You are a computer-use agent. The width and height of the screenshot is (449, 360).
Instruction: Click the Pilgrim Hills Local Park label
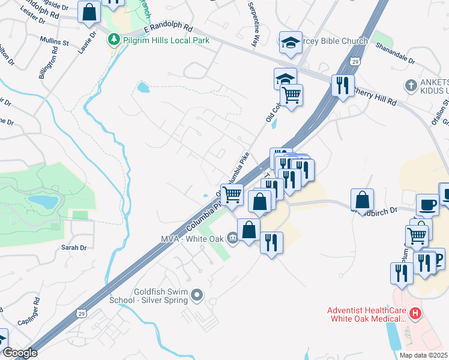[x=166, y=40]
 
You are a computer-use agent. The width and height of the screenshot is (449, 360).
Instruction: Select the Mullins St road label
[x=55, y=42]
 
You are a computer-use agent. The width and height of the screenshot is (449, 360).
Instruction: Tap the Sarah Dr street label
[x=74, y=247]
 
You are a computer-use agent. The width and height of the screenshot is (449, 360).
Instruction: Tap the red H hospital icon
[x=414, y=314]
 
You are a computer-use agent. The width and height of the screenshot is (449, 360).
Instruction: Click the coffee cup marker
[x=427, y=204]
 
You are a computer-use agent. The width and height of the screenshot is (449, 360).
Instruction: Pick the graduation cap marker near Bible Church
[x=291, y=43]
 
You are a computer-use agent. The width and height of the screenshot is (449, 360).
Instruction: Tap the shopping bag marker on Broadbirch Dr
[x=363, y=199]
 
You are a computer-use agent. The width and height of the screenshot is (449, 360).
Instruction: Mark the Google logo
[x=19, y=353]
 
